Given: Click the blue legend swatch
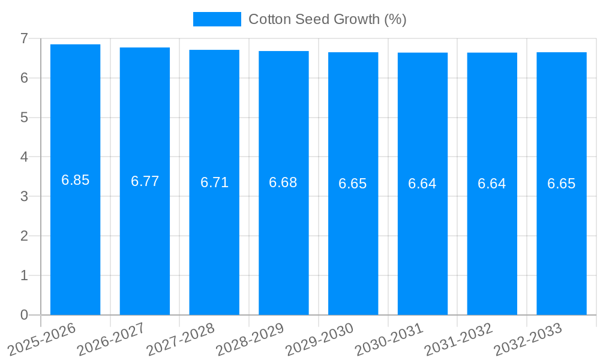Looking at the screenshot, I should [x=217, y=19].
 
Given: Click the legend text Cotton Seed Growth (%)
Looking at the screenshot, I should [x=328, y=19].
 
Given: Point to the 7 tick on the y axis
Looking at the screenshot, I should [x=24, y=38].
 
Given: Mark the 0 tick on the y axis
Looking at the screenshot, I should [x=24, y=315].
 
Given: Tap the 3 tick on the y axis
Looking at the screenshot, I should [x=24, y=196].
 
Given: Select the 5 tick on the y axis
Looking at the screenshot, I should [x=24, y=118].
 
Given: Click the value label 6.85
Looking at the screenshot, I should [x=75, y=180].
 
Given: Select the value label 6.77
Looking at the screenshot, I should [x=145, y=181].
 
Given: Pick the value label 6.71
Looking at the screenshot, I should [x=214, y=182].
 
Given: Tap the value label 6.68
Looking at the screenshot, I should [x=283, y=182].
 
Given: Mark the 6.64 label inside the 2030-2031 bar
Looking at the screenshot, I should [x=422, y=184].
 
